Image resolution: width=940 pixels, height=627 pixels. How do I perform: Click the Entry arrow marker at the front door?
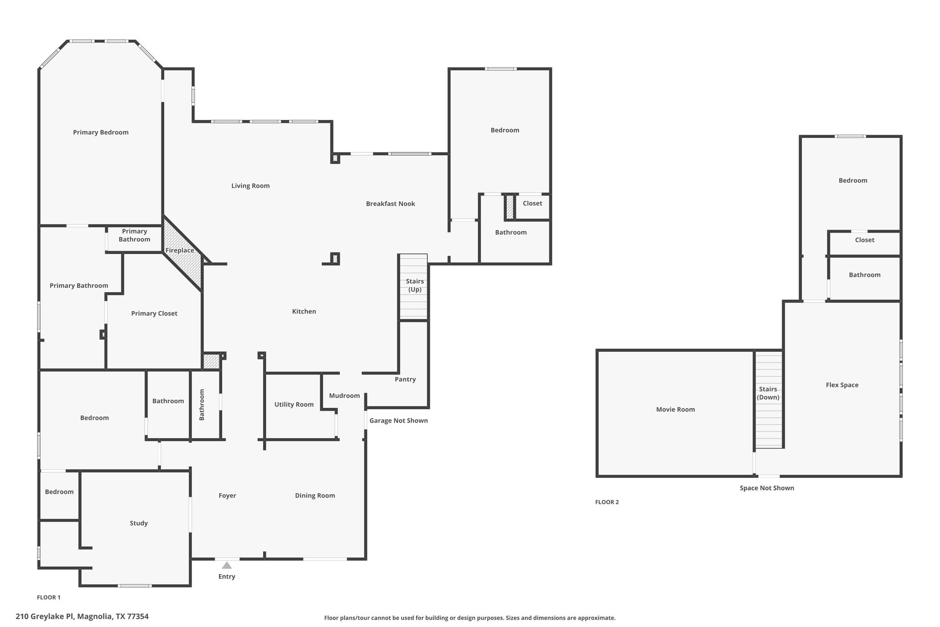coord(227,565)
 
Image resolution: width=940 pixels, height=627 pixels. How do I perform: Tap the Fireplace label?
coord(179,250)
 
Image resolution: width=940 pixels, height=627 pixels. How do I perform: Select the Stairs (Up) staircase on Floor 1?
coord(414,287)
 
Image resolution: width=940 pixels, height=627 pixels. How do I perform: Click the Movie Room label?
coord(675,409)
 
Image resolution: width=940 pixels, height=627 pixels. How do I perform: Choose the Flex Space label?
coord(842,385)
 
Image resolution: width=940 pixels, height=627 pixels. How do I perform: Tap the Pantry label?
coord(405,379)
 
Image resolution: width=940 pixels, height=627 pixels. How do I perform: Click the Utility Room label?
coord(294,404)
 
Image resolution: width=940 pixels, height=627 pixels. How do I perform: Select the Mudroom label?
coord(344,395)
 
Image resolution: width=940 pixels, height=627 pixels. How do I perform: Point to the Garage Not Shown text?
coord(398,420)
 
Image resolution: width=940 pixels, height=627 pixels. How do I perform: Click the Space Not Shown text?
coord(767,488)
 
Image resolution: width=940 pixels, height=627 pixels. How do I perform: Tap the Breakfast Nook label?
coord(390,203)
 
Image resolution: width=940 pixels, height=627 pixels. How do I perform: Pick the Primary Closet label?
coord(154,313)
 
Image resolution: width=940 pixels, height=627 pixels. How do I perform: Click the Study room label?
coord(139,523)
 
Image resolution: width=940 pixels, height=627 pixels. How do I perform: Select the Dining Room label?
coord(315,495)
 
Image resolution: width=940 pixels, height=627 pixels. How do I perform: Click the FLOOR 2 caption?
coord(607,502)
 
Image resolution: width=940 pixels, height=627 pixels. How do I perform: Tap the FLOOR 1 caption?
coord(49,597)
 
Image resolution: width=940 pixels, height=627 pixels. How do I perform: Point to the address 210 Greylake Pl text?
coord(45,616)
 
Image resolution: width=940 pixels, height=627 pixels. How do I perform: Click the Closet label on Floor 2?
coord(864,240)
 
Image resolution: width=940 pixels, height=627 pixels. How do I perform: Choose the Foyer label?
coord(227,495)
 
